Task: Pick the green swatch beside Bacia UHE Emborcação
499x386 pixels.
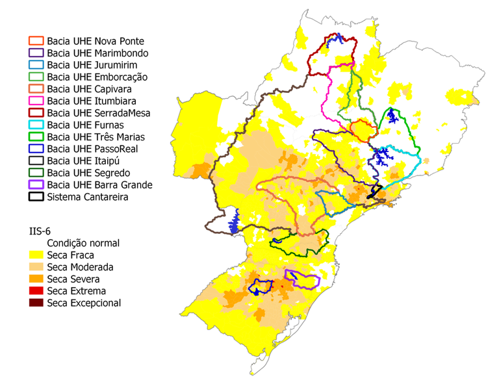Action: [x=36, y=77]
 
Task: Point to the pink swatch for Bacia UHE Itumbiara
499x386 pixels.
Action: [x=36, y=101]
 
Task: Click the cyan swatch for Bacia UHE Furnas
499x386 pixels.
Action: [x=36, y=125]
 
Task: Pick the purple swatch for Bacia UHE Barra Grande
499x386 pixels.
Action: [x=36, y=185]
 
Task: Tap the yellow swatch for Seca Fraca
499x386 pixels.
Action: [x=36, y=255]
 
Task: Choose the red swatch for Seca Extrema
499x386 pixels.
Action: [x=36, y=291]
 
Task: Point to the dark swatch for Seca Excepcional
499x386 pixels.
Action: [x=36, y=303]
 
